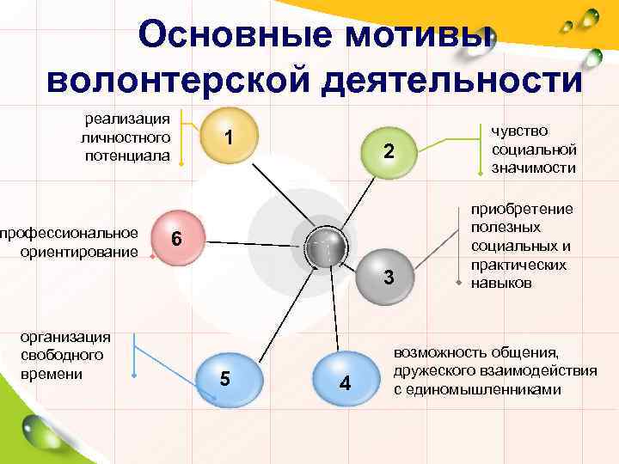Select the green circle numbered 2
pyautogui.click(x=389, y=152)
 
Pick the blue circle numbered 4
pyautogui.click(x=344, y=381)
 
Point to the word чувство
pyautogui.click(x=519, y=131)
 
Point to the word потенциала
pyautogui.click(x=127, y=155)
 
